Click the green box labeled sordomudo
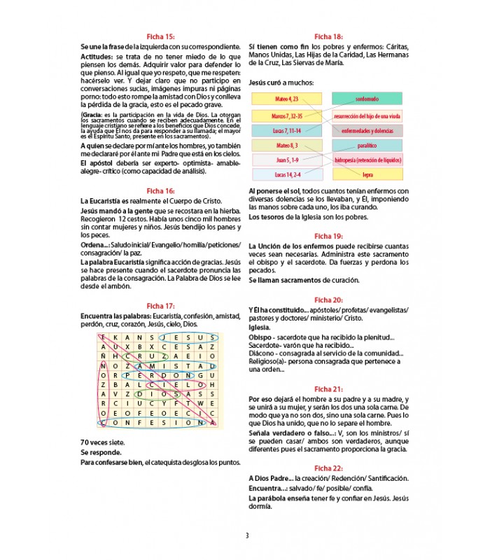pyautogui.click(x=367, y=99)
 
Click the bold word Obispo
pyautogui.click(x=263, y=337)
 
